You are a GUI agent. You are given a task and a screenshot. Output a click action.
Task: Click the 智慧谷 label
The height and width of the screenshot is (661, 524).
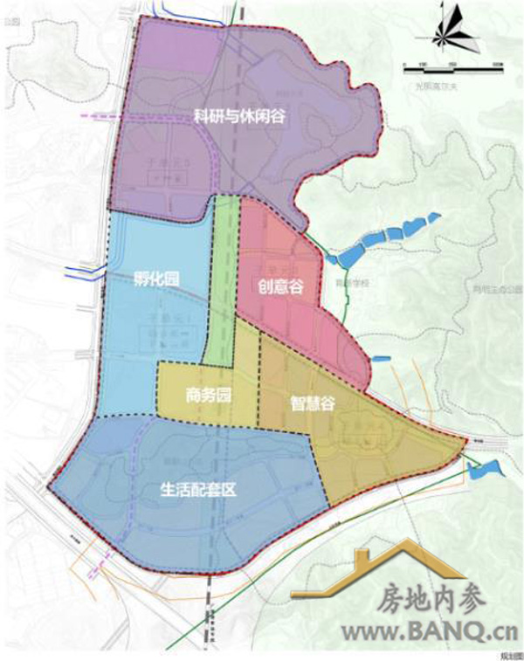(312, 403)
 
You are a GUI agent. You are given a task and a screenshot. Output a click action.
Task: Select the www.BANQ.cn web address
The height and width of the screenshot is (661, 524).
(416, 631)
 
